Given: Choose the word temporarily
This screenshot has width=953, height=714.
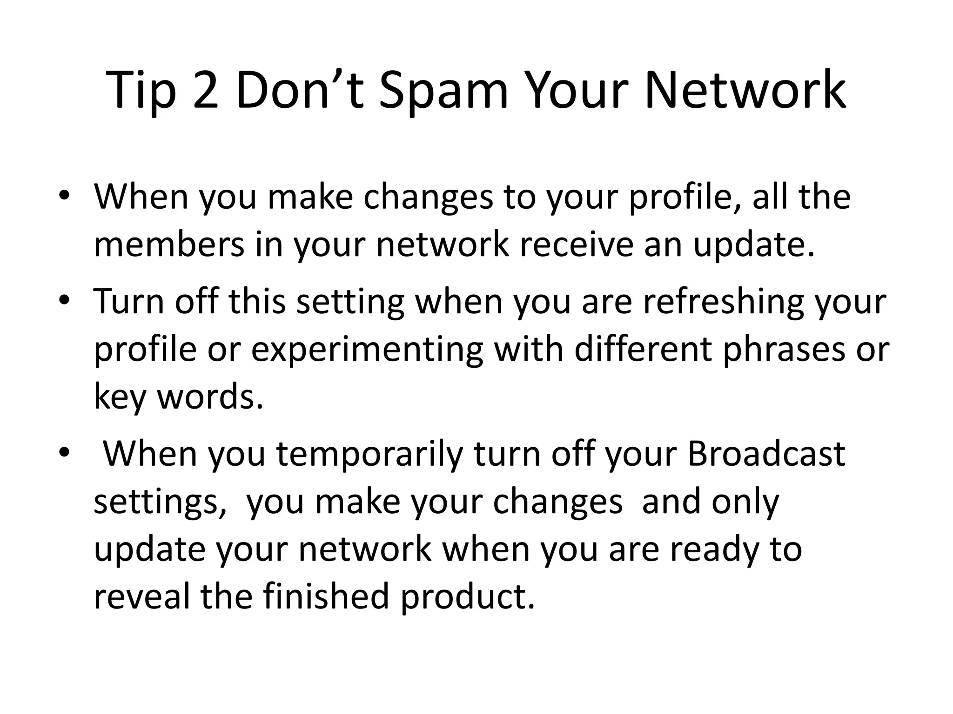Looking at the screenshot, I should click(370, 455).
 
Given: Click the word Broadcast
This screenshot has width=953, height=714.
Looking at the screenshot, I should click(766, 454).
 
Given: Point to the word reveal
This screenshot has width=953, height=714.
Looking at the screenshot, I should click(141, 596).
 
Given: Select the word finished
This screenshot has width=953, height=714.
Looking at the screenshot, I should click(326, 596).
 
